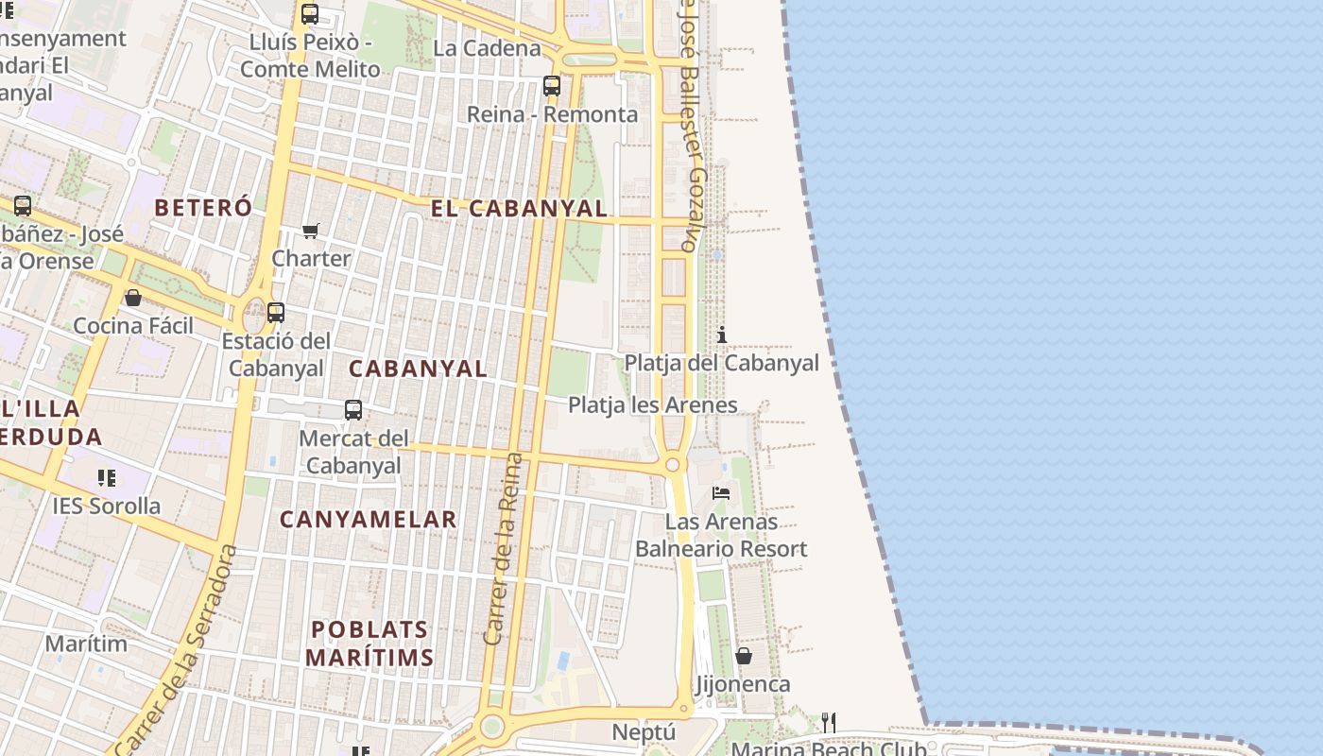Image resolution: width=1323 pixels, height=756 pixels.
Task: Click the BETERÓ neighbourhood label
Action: (203, 207)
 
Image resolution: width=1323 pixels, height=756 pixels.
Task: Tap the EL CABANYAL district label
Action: (519, 209)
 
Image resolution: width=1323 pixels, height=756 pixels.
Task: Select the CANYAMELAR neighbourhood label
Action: (369, 519)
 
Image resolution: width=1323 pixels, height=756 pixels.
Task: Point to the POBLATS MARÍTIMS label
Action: (369, 644)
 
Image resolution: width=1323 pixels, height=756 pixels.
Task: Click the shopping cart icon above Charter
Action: (311, 231)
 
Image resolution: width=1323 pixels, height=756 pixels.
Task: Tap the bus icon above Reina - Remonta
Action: (552, 86)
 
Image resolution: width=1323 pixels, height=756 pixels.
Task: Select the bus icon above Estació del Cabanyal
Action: (276, 312)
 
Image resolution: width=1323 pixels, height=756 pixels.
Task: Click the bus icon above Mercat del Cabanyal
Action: (353, 410)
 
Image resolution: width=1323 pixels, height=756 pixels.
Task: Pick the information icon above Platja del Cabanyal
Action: (722, 335)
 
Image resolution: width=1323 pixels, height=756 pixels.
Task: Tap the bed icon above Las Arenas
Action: (721, 492)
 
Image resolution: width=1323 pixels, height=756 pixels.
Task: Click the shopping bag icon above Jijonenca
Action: (744, 655)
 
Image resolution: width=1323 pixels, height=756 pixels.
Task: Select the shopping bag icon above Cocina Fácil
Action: (133, 298)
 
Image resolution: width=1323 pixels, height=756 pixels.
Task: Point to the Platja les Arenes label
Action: (652, 404)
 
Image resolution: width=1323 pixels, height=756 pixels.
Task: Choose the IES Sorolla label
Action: (107, 506)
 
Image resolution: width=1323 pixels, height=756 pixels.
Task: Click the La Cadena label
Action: (487, 48)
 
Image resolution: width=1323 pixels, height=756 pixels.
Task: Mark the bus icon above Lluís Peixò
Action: (310, 14)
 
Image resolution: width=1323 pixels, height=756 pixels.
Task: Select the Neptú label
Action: (644, 732)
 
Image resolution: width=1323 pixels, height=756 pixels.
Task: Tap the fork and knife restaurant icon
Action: (829, 723)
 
